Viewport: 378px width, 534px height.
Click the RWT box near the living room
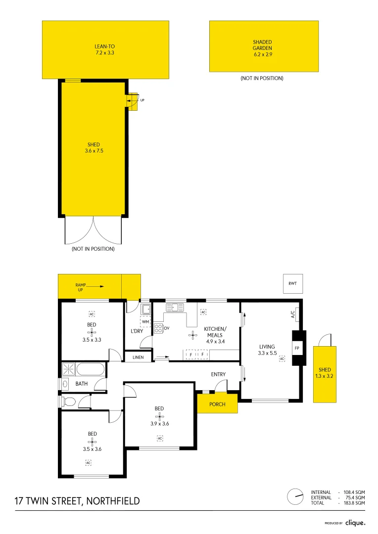(292, 284)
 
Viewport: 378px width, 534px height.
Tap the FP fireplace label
(297, 348)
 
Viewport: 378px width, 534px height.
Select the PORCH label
(217, 404)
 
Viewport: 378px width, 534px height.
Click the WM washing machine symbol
(145, 322)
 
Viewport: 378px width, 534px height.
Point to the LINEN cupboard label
(138, 356)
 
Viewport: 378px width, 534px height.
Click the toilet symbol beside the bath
(68, 401)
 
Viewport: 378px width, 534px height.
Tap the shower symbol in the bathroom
(68, 369)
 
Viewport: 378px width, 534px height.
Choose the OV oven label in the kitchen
(167, 328)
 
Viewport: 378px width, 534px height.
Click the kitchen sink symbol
(175, 308)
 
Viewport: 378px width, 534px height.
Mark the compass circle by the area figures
(295, 497)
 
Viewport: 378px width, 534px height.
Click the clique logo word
(355, 523)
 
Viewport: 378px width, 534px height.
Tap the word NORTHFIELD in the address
(113, 501)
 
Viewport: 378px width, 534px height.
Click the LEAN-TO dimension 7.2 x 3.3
(105, 52)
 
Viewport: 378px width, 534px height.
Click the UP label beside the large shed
(142, 100)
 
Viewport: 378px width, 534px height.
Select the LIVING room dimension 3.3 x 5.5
(267, 353)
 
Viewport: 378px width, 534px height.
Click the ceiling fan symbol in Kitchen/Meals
(192, 335)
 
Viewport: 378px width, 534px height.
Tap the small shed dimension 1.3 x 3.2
(325, 376)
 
